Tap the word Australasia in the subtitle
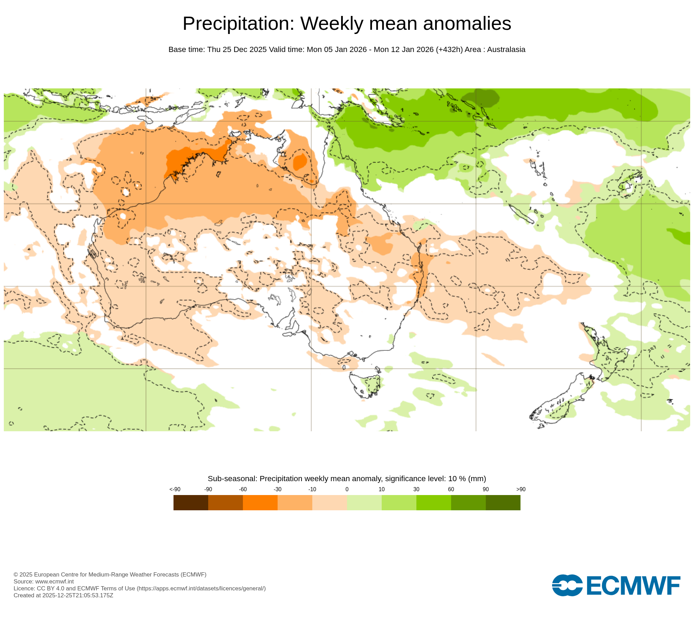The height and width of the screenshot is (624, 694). [x=506, y=50]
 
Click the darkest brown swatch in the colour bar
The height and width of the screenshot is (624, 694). [x=191, y=502]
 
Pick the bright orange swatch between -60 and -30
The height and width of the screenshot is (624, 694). [x=260, y=502]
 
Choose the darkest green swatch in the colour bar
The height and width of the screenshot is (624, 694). [x=503, y=502]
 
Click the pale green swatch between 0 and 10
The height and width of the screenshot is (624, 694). [x=364, y=502]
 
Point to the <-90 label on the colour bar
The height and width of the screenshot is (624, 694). [x=175, y=489]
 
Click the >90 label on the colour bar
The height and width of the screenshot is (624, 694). [x=521, y=489]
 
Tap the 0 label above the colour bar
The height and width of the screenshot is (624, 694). [x=347, y=489]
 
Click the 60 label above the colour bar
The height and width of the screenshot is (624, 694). [x=451, y=489]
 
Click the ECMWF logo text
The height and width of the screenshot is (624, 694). [x=633, y=586]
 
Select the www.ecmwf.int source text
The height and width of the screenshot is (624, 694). [x=54, y=581]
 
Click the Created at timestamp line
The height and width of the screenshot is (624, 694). [x=63, y=595]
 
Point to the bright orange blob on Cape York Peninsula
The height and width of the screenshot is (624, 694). [x=300, y=162]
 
